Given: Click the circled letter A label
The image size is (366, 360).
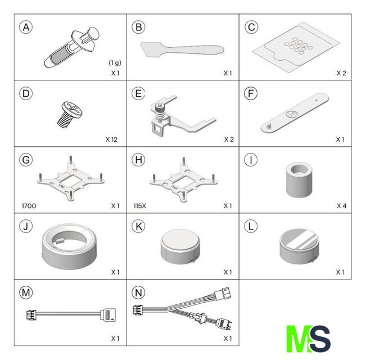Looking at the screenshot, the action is tap(26, 28).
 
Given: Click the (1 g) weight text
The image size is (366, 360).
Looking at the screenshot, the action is tap(115, 62).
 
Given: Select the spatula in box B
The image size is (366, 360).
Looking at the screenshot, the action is tap(182, 49).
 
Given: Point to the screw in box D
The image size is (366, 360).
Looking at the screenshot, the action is tap(70, 114).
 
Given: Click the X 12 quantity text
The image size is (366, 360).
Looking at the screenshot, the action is tap(111, 139).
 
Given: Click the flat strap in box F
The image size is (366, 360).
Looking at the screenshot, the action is tap(295, 113).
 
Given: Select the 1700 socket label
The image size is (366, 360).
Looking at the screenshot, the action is tap(29, 206).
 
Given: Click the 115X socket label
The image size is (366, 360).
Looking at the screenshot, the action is tap(139, 206).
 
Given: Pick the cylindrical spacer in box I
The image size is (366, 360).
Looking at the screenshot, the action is tap(299, 179).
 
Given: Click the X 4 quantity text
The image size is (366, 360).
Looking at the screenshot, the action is tap(341, 206).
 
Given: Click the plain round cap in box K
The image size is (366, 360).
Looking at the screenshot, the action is tap(180, 246).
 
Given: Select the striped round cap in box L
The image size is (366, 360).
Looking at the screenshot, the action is tap(299, 246).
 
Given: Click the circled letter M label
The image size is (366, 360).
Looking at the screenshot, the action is tap(26, 292).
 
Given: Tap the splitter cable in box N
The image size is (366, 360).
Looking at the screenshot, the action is tap(183, 308).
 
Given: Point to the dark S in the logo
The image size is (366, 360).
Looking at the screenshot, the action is tap(320, 339).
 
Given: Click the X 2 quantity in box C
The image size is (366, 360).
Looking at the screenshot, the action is tap(341, 73).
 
